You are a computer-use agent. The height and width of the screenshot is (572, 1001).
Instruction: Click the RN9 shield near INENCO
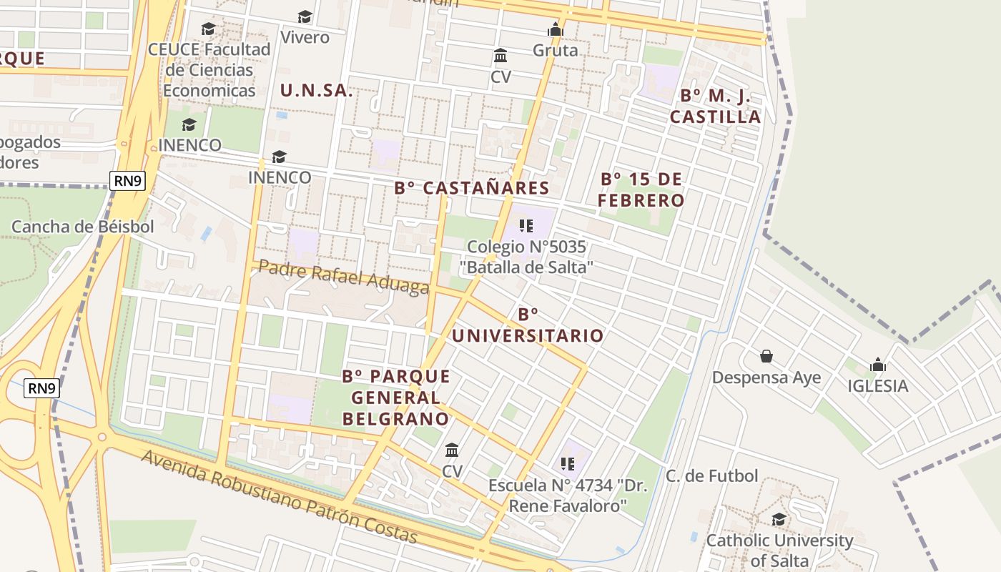click(x=128, y=181)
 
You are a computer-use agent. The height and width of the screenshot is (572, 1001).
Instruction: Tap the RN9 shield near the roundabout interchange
click(x=42, y=388)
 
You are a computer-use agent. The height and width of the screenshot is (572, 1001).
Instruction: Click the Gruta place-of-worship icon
click(x=556, y=30)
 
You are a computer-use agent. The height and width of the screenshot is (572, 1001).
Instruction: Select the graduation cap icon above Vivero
click(x=305, y=16)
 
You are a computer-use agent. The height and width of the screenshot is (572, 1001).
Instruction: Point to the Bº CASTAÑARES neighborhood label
click(x=472, y=188)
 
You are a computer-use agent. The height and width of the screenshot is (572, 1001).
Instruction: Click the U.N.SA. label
click(x=316, y=91)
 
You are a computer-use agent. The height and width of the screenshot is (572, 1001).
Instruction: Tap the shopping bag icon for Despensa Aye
click(x=766, y=356)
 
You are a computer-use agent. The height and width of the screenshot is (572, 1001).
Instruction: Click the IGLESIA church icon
click(x=878, y=365)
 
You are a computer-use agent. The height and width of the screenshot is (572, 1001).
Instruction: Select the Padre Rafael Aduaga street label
click(x=343, y=276)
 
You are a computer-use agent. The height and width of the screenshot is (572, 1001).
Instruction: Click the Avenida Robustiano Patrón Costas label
click(x=279, y=496)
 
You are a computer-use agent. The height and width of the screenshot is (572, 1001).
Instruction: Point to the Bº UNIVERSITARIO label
click(x=528, y=325)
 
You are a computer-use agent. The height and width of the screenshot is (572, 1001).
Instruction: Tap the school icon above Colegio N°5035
click(x=527, y=227)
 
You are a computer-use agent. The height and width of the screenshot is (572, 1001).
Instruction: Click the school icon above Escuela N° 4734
click(x=568, y=465)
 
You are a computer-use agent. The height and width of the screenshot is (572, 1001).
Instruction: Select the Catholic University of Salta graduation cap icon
click(x=779, y=520)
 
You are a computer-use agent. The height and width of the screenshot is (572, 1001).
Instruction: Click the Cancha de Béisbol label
click(x=82, y=227)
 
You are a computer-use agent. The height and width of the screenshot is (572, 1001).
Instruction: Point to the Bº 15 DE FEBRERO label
click(x=641, y=189)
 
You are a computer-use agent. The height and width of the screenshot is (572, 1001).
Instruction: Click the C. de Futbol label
click(x=711, y=476)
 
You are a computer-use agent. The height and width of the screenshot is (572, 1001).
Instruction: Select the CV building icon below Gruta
click(x=501, y=56)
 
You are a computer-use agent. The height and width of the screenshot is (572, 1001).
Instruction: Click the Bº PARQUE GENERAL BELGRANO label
click(x=396, y=398)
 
